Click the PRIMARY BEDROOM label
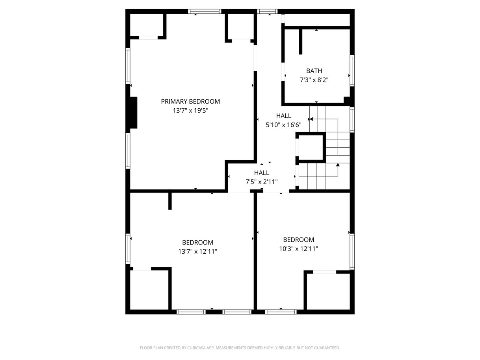[190, 101]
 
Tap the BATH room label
[314, 71]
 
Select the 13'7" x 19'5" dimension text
[190, 111]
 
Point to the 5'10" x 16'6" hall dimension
[283, 125]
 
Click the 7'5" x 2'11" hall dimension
[262, 182]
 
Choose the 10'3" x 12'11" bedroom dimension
[298, 249]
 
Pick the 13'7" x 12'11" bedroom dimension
[197, 252]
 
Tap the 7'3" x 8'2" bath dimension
[314, 80]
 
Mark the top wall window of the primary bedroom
[205, 11]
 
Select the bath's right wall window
[352, 71]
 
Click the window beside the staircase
[352, 120]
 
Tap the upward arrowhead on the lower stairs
[338, 165]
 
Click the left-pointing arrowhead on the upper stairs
[311, 119]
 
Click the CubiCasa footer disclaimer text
[240, 348]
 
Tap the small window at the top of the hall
[267, 11]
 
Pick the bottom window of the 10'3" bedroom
[281, 312]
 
